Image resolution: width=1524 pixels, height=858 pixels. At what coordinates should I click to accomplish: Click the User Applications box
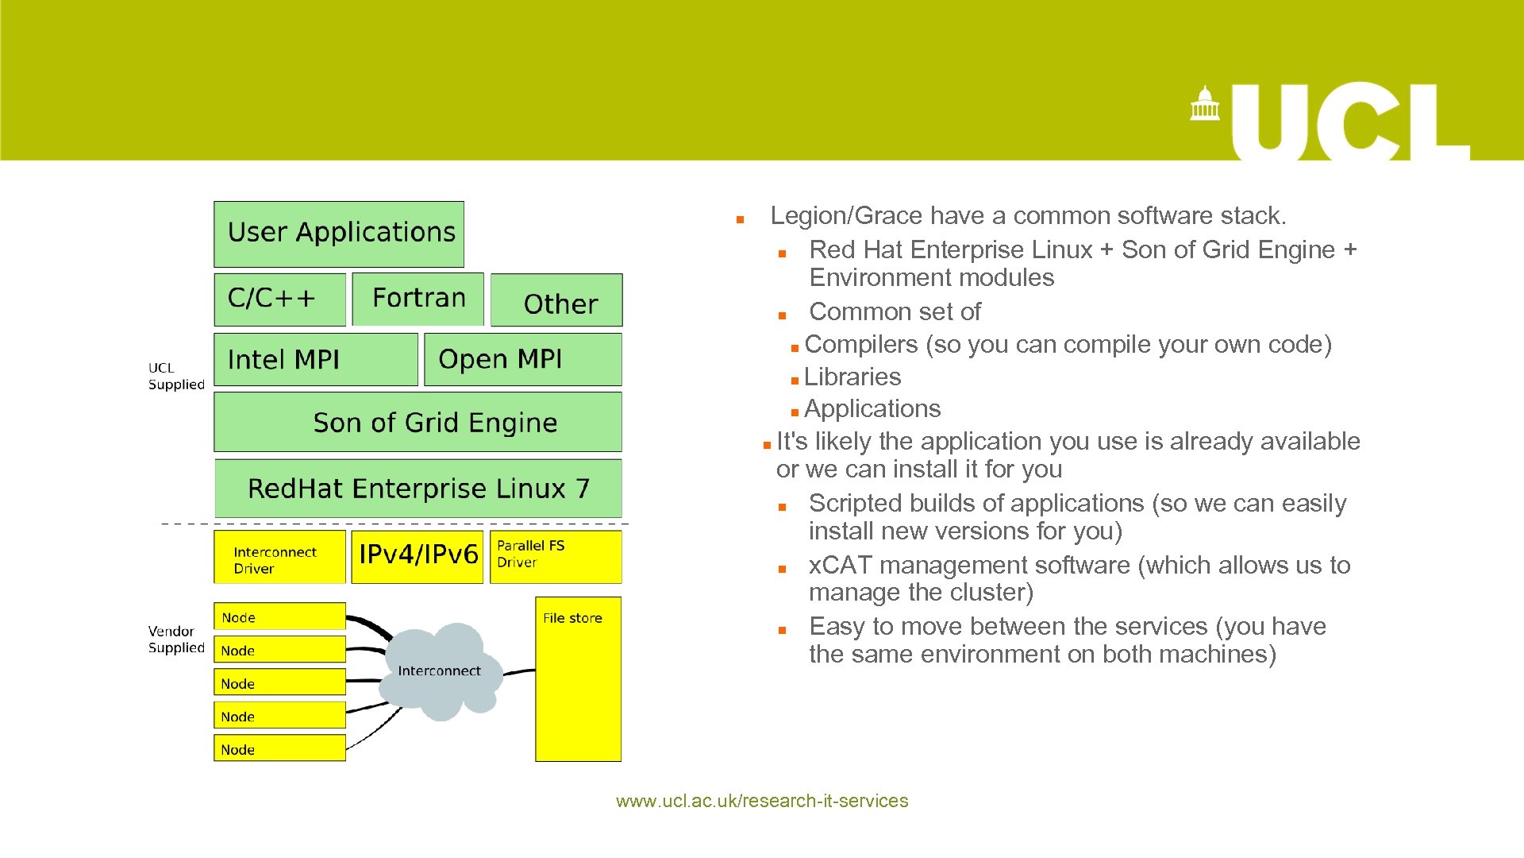339,234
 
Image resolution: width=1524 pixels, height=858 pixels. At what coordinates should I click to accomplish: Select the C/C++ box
279,299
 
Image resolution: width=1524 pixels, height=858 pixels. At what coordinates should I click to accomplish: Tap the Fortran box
418,299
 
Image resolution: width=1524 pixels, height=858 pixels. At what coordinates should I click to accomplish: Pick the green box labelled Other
556,300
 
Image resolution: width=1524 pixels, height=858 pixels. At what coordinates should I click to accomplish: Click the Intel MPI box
315,359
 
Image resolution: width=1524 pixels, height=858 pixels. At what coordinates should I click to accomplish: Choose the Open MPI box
522,359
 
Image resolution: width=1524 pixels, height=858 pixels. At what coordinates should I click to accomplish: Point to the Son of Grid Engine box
418,422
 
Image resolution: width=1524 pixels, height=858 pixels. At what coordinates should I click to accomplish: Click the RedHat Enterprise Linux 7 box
418,488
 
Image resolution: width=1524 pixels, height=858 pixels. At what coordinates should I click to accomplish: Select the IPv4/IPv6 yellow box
418,556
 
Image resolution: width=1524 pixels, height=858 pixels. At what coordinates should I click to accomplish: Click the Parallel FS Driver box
555,556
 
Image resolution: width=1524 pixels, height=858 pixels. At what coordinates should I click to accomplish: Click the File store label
572,618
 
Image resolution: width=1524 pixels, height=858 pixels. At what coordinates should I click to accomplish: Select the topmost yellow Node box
279,616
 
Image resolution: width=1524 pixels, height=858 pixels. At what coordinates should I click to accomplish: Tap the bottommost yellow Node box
279,748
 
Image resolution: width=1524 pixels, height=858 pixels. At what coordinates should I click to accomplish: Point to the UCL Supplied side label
175,376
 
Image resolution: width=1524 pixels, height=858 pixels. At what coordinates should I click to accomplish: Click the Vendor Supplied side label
175,640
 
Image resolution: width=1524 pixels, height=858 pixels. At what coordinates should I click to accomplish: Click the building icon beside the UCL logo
1204,104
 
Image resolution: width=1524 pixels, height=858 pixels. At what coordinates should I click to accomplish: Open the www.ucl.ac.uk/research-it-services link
761,801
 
